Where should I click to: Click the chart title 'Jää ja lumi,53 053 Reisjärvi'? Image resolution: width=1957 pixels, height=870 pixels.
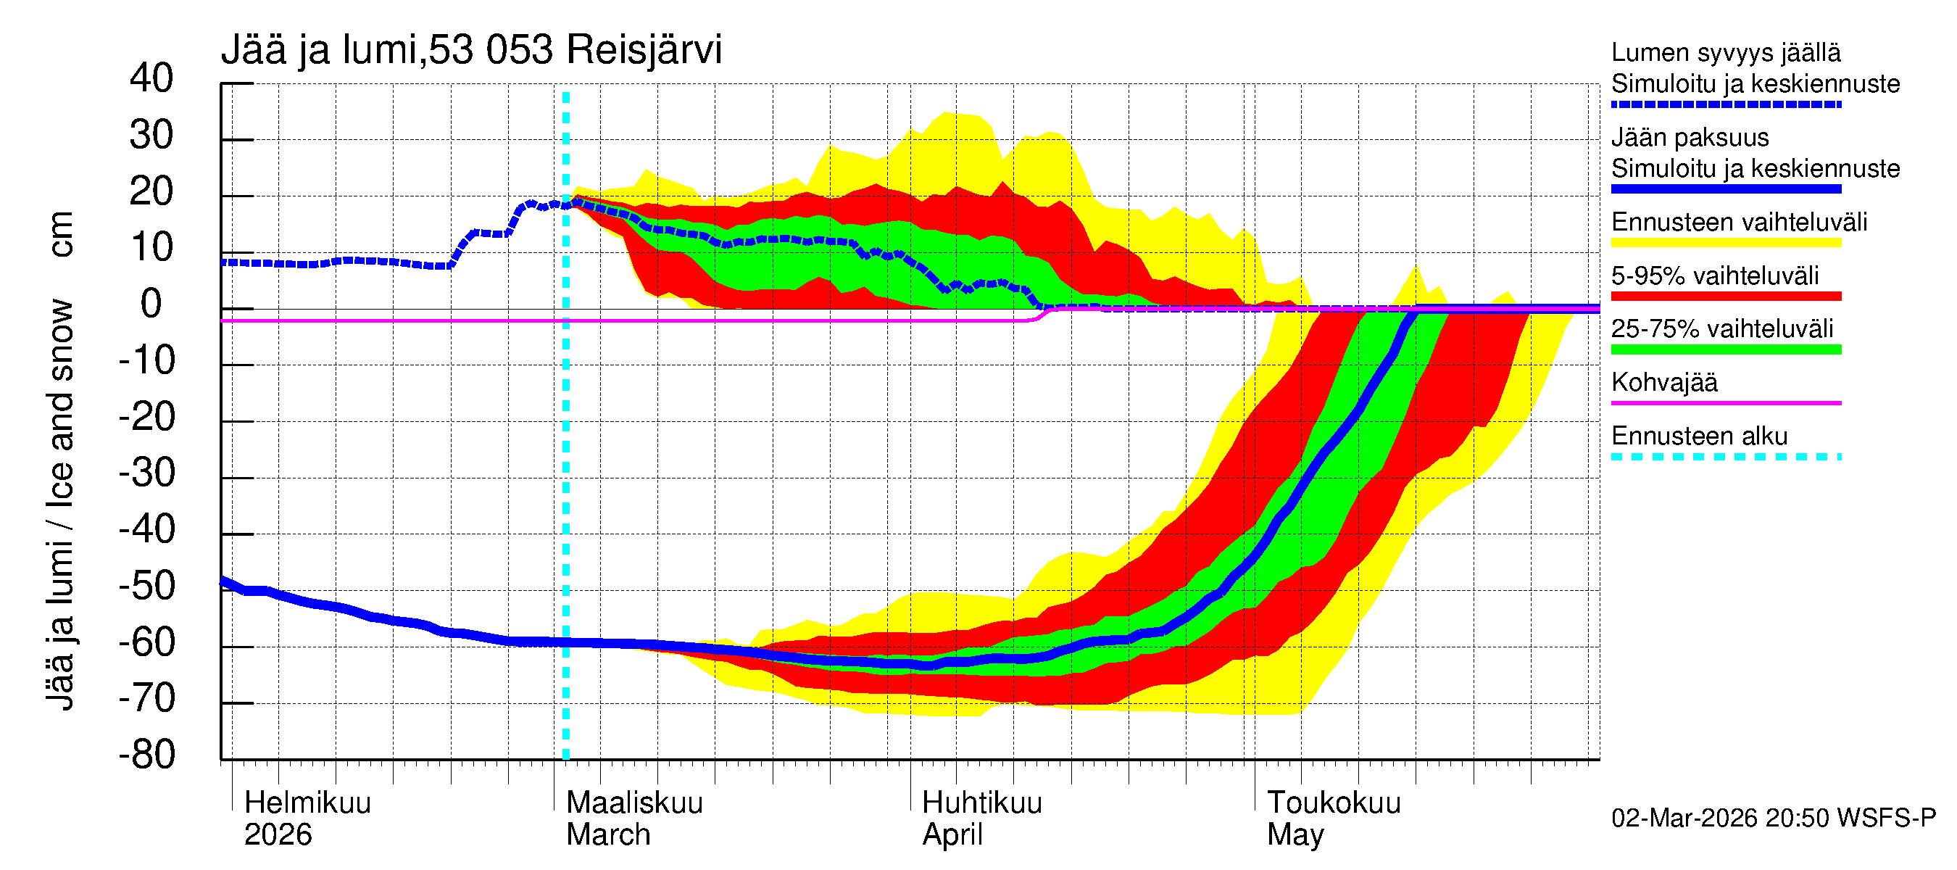pyautogui.click(x=471, y=50)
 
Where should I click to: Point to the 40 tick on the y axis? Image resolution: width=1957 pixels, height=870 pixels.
pyautogui.click(x=151, y=78)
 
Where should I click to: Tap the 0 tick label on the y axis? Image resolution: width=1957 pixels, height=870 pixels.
pyautogui.click(x=151, y=304)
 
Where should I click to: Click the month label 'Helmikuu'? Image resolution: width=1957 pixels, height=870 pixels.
pyautogui.click(x=307, y=803)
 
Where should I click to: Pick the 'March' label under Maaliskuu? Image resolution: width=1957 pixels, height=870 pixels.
pyautogui.click(x=608, y=835)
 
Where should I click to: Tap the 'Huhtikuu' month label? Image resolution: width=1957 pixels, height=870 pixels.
pyautogui.click(x=981, y=803)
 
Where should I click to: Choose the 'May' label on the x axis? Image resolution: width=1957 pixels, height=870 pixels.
pyautogui.click(x=1295, y=835)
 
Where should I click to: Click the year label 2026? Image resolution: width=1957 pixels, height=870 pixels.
pyautogui.click(x=278, y=835)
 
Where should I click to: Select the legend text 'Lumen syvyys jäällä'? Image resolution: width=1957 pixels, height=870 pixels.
pyautogui.click(x=1726, y=52)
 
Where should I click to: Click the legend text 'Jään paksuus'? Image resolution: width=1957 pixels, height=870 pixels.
pyautogui.click(x=1690, y=138)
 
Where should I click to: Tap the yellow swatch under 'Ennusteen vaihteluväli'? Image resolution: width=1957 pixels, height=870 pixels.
pyautogui.click(x=1726, y=243)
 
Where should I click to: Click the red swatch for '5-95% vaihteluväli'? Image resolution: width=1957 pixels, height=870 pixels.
pyautogui.click(x=1726, y=297)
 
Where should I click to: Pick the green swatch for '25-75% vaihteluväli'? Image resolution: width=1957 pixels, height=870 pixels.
pyautogui.click(x=1726, y=349)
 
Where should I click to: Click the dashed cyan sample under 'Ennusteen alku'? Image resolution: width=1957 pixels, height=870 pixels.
pyautogui.click(x=1726, y=457)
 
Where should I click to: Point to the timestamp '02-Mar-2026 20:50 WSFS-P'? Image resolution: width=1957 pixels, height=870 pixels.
pyautogui.click(x=1773, y=819)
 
